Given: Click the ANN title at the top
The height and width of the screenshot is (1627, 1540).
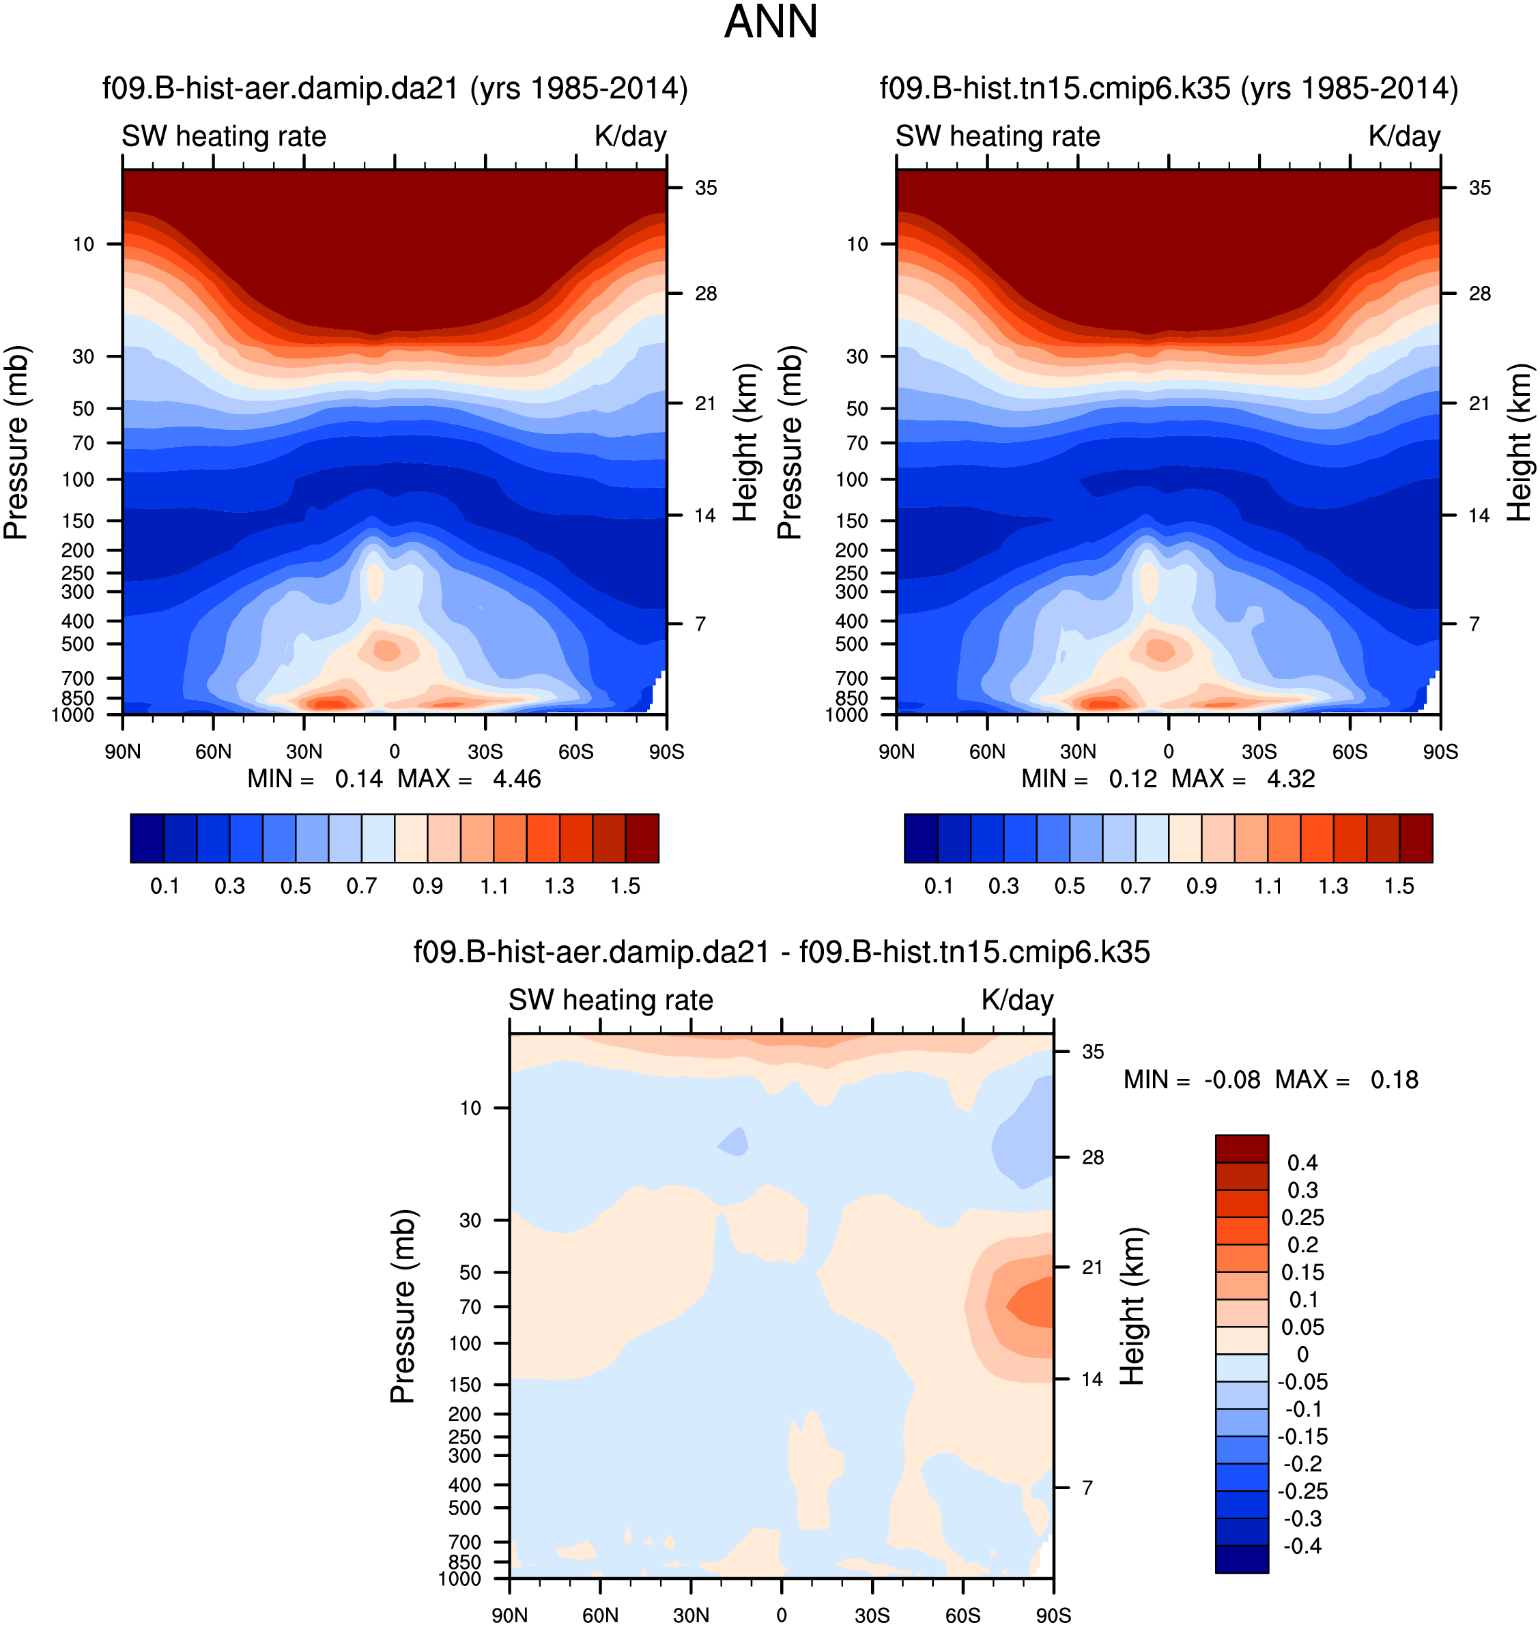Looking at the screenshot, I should (770, 22).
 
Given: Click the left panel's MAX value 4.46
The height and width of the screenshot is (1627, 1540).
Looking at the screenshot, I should (516, 779).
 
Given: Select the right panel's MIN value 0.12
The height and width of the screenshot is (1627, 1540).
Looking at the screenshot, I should (1133, 779).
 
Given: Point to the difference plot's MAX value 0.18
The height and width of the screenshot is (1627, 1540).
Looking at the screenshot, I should (1394, 1080).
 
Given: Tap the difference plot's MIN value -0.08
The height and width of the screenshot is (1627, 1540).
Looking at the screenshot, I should (1231, 1080).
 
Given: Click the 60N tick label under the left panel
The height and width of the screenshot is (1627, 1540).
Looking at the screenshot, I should (214, 752).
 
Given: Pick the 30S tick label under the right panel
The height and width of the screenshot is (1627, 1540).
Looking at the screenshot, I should (1259, 752).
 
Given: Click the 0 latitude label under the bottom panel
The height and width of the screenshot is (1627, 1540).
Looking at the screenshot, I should (781, 1615).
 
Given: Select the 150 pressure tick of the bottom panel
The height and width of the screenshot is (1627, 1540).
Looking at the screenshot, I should (465, 1385).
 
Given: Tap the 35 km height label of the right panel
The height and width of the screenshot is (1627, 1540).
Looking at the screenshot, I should (1479, 188).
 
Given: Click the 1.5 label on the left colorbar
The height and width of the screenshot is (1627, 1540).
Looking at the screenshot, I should (625, 887).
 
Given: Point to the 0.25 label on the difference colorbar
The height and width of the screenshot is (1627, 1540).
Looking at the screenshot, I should (1302, 1218).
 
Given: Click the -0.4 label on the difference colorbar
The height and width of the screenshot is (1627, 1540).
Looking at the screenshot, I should (1302, 1546).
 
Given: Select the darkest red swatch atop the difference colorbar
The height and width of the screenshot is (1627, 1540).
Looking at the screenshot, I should (1241, 1149).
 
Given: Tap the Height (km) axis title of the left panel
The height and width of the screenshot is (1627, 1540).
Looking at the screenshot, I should (745, 442).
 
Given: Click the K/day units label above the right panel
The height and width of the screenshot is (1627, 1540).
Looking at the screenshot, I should (1403, 136).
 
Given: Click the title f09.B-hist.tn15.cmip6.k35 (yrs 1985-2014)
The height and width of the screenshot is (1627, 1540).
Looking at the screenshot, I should (1169, 89).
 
